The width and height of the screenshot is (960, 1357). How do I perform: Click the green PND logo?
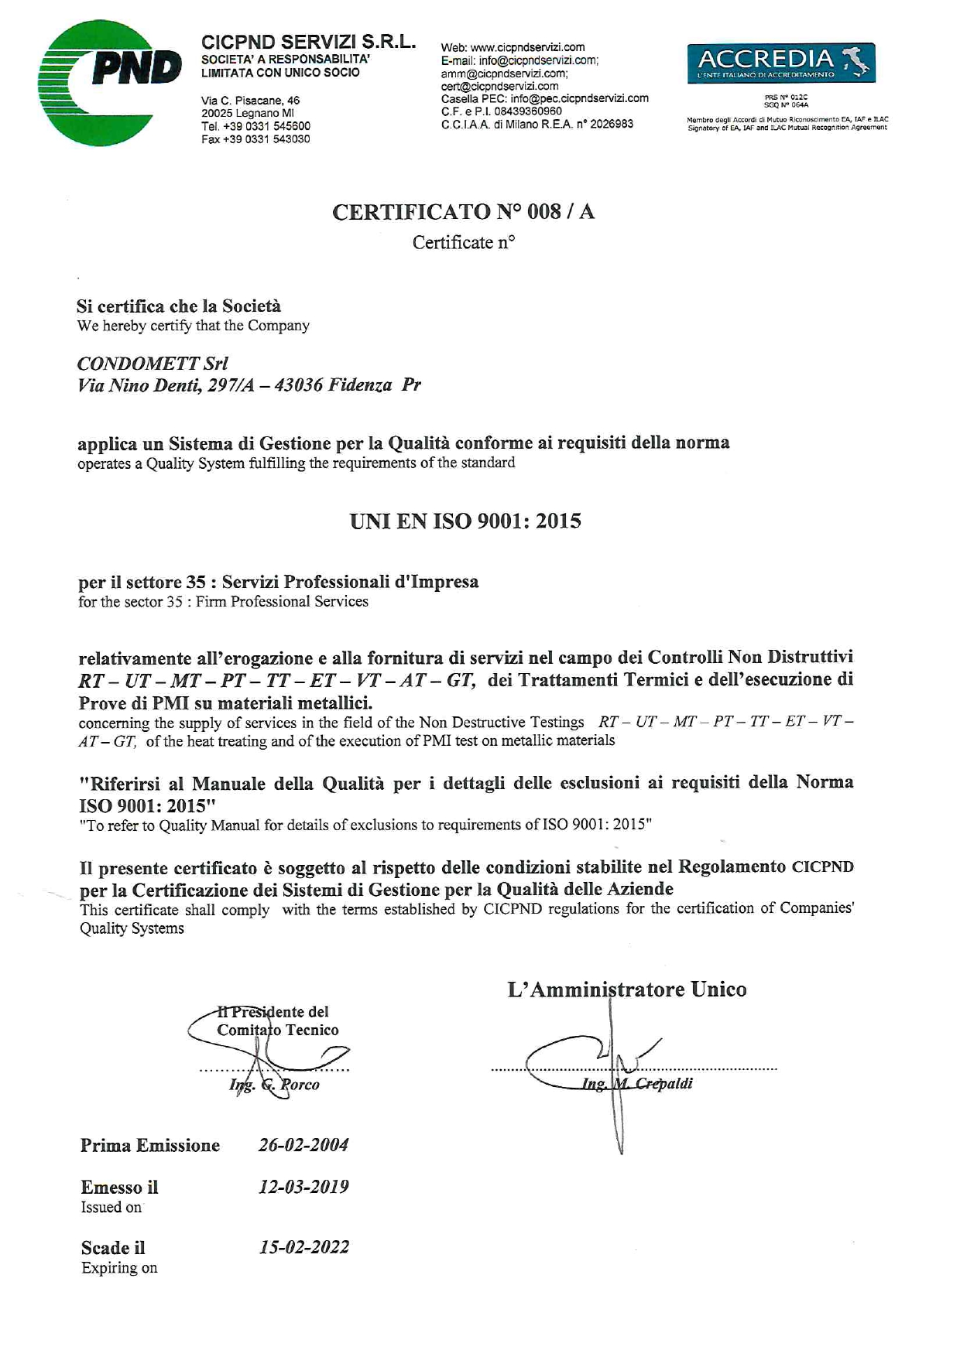(x=108, y=82)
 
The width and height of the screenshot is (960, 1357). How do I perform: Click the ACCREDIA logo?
(x=780, y=63)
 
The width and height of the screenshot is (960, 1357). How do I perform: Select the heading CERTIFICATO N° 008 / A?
(x=463, y=212)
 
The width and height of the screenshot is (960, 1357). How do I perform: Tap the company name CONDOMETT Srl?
(x=153, y=363)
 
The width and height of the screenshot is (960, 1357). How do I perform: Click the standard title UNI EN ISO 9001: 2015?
(x=465, y=521)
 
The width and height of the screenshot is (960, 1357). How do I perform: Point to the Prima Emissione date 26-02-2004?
(x=303, y=1144)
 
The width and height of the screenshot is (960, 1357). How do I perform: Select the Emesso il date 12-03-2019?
(x=303, y=1186)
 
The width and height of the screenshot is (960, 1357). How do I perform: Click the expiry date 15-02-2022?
(x=303, y=1246)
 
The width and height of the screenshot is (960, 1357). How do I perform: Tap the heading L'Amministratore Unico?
(x=626, y=989)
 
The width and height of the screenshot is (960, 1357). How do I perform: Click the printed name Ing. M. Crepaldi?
(x=637, y=1083)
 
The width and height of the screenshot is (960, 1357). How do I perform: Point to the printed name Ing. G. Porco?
(x=274, y=1085)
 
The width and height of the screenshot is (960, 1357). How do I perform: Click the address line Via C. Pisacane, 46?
(x=250, y=101)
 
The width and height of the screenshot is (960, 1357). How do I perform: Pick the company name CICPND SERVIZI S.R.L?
(x=308, y=42)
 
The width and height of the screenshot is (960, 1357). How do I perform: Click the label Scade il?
(x=113, y=1247)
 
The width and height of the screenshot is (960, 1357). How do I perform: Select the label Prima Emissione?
(x=150, y=1145)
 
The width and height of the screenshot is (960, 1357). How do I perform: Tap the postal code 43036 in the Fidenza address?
(x=298, y=385)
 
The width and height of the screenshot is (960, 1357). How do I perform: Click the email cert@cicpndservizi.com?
(x=499, y=86)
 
